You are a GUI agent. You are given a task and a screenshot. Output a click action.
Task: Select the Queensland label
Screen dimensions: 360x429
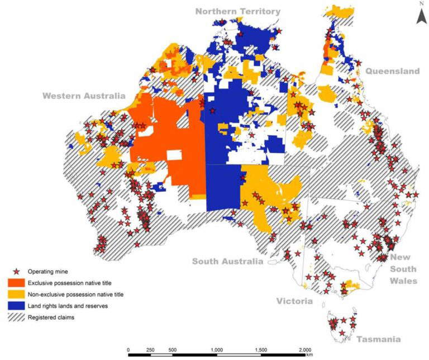click(x=392, y=72)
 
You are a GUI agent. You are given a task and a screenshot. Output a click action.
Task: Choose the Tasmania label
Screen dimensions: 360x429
click(x=379, y=339)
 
